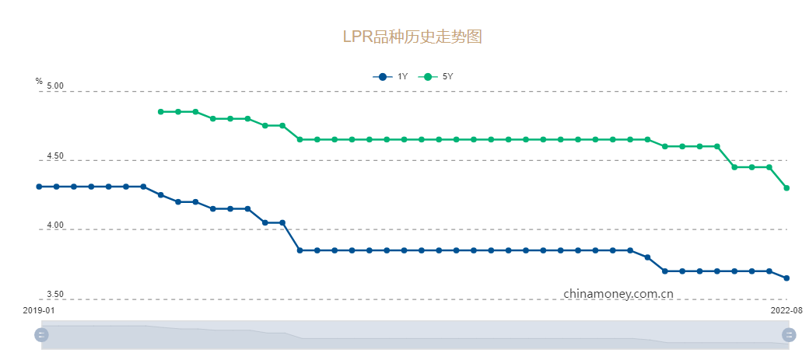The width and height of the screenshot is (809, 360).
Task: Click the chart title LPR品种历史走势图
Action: click(x=412, y=37)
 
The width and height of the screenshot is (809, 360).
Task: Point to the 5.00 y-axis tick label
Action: click(x=54, y=86)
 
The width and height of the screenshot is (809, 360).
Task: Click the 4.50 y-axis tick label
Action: click(x=54, y=156)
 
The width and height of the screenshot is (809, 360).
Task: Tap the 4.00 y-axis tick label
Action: click(x=54, y=225)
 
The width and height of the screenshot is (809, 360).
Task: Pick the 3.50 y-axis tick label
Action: click(x=54, y=295)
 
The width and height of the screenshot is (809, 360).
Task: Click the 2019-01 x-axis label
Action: click(x=39, y=309)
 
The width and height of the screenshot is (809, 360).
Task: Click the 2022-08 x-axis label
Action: click(x=786, y=309)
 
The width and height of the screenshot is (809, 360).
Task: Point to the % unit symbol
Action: click(x=39, y=81)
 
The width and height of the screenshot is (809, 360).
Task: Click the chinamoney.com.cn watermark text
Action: click(x=618, y=294)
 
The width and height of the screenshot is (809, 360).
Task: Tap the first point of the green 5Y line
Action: click(x=161, y=112)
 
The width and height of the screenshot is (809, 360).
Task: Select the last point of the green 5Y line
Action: click(x=786, y=188)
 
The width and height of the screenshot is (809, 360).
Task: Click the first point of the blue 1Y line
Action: click(x=39, y=187)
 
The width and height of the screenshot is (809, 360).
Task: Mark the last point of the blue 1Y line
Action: click(x=786, y=278)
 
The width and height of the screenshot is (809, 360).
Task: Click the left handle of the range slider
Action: click(x=42, y=334)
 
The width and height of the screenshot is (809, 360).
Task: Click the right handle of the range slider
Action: click(x=790, y=334)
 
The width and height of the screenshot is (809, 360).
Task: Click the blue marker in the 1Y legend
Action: click(x=382, y=76)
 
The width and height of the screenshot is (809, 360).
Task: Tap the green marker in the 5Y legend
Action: click(x=427, y=76)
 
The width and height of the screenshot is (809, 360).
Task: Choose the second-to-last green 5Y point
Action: click(x=769, y=167)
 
